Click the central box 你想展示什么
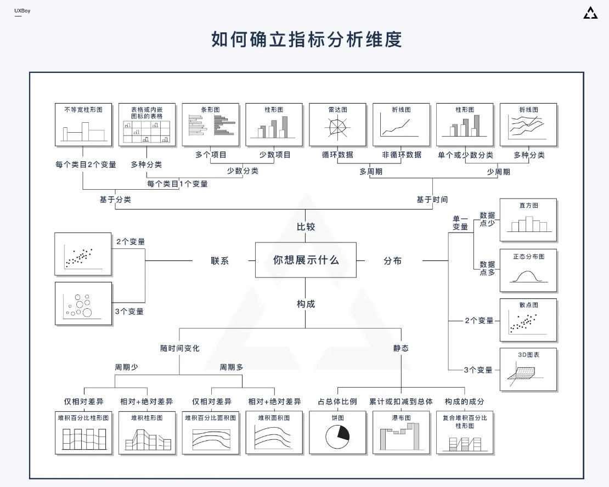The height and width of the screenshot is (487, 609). click(x=306, y=260)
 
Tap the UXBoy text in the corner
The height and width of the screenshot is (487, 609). click(x=22, y=11)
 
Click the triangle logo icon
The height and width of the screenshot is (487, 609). click(x=590, y=13)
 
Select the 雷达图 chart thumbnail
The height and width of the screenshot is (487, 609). click(x=337, y=124)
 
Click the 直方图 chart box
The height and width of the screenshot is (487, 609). click(x=528, y=220)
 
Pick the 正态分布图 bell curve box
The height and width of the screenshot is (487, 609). click(x=528, y=270)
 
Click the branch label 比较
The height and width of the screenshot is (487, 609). click(x=306, y=226)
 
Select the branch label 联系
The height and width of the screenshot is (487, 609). click(x=220, y=261)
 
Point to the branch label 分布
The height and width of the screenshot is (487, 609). click(x=392, y=261)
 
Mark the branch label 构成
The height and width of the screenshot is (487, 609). click(x=306, y=304)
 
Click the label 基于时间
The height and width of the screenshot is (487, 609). click(x=432, y=200)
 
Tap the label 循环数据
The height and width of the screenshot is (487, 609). click(x=337, y=155)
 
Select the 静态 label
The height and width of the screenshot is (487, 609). click(x=401, y=348)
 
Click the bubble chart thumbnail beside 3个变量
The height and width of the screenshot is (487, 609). click(x=83, y=304)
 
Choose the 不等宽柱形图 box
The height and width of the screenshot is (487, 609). click(x=83, y=124)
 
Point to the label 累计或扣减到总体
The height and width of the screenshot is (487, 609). click(x=401, y=401)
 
